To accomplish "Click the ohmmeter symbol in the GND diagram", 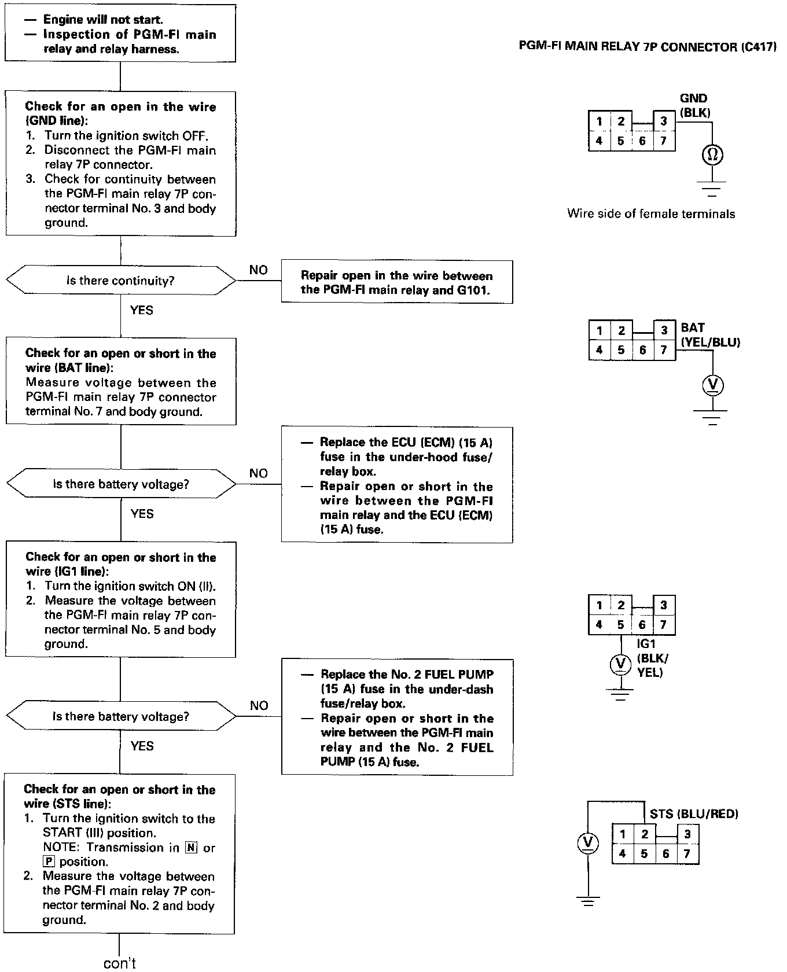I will tap(712, 154).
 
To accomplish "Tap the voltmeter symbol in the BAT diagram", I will tap(713, 384).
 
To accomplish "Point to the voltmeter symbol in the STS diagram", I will tap(588, 842).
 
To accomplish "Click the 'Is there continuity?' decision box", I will tap(120, 281).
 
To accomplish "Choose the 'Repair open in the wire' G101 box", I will tap(396, 282).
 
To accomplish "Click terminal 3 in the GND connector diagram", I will tap(664, 121).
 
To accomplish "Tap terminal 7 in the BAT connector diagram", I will tap(664, 349).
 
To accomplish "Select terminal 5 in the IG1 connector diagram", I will tap(620, 625).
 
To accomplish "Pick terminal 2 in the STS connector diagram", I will tap(644, 834).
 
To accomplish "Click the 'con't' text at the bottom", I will tap(120, 963).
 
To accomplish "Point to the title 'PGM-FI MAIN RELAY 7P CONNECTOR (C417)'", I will tap(647, 47).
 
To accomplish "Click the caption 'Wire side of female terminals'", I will tap(651, 214).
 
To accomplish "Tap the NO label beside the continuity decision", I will tap(259, 270).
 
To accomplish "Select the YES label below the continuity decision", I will tap(142, 310).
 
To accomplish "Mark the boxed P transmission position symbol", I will tap(49, 861).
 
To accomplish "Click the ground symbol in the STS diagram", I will tap(588, 901).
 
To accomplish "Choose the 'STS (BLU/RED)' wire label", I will tap(694, 814).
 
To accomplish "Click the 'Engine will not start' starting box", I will tap(120, 34).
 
